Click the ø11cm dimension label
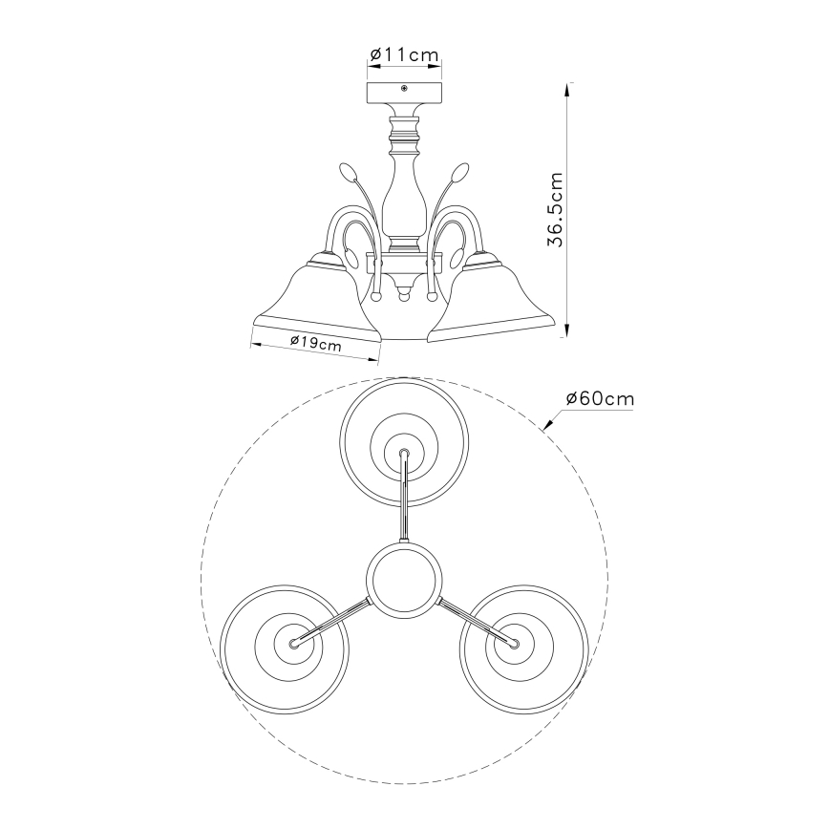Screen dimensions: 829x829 pos(404,54)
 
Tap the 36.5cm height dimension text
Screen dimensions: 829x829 pos(556,209)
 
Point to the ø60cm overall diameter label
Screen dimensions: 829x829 pos(600,398)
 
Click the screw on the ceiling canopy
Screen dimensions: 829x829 pos(404,88)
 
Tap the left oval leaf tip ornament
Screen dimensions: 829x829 pos(347,172)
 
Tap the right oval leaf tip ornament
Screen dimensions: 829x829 pos(461,172)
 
